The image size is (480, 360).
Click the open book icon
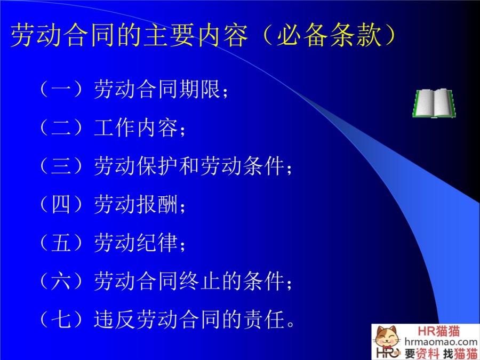coord(434,103)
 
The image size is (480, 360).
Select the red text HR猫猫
coord(439,331)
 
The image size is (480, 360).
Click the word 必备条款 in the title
coord(329,36)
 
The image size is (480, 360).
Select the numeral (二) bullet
coord(61,127)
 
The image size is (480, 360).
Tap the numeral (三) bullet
coord(61,166)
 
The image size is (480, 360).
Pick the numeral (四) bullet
coord(61,204)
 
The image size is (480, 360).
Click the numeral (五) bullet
coord(61,243)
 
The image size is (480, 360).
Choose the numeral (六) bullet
coord(61,281)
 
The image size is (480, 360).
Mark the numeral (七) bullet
coord(61,319)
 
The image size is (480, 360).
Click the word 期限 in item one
coord(199,89)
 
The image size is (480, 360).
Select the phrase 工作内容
coord(136,127)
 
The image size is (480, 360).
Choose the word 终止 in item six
coord(199,281)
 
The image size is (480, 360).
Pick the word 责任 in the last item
coord(263,320)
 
